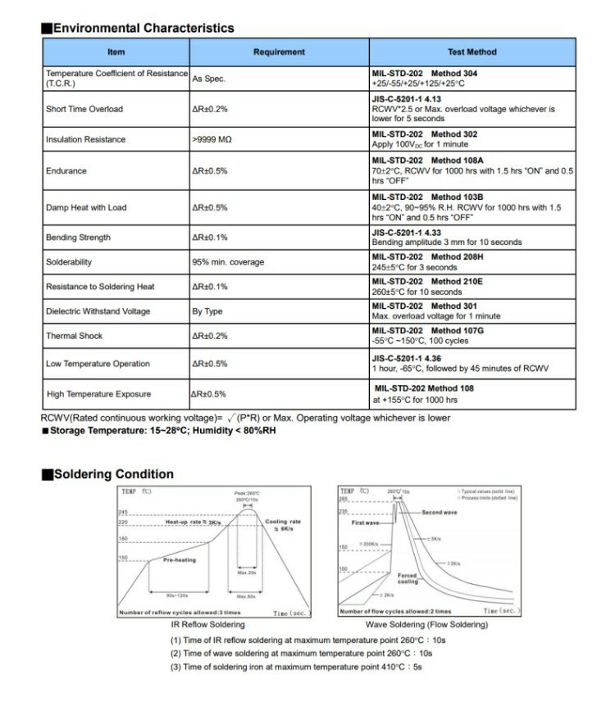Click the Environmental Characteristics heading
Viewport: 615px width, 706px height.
pyautogui.click(x=143, y=28)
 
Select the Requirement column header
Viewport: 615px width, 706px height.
pyautogui.click(x=279, y=52)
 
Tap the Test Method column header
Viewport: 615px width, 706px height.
pyautogui.click(x=471, y=52)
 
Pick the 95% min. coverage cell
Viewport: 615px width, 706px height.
pyautogui.click(x=228, y=262)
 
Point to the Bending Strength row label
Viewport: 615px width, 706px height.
pyautogui.click(x=78, y=238)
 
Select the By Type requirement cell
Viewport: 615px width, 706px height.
pyautogui.click(x=207, y=311)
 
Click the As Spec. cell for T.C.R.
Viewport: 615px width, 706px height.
pyautogui.click(x=208, y=79)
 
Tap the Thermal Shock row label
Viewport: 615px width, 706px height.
pyautogui.click(x=75, y=336)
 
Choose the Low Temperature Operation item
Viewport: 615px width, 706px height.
pyautogui.click(x=98, y=364)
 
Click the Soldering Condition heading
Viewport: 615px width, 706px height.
pyautogui.click(x=113, y=474)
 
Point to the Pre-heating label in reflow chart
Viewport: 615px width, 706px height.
pyautogui.click(x=179, y=560)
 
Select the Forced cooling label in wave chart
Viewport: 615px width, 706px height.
pyautogui.click(x=408, y=578)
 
